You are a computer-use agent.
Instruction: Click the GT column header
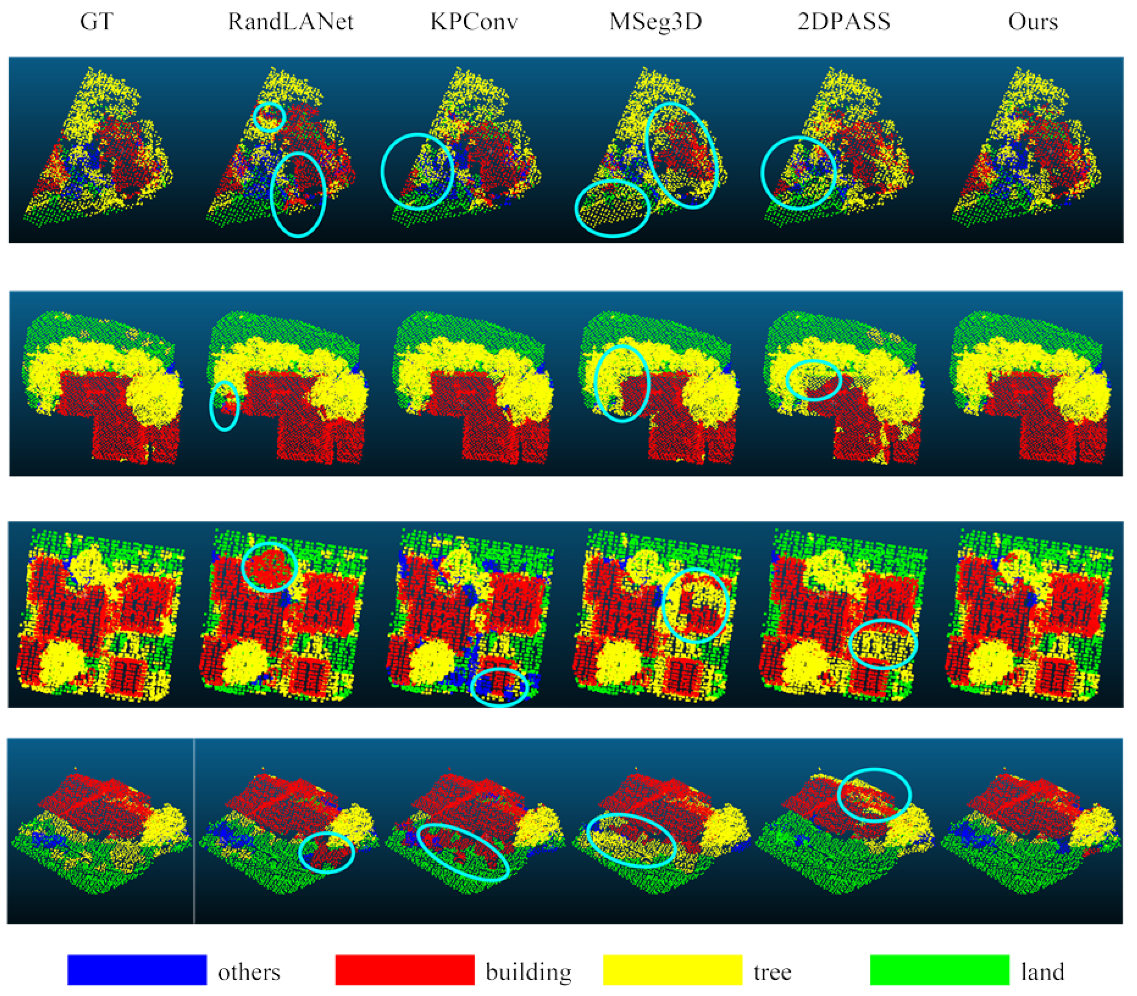click(x=97, y=22)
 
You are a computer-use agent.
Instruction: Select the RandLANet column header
click(x=290, y=22)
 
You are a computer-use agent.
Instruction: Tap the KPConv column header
click(x=474, y=22)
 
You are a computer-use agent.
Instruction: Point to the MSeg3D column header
click(x=656, y=22)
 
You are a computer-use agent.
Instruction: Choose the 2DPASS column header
click(x=844, y=22)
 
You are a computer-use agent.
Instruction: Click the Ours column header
click(x=1033, y=22)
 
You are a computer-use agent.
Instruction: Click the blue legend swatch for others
click(x=137, y=970)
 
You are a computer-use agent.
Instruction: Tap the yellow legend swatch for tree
click(x=672, y=970)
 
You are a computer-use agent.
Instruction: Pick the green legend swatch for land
click(x=939, y=970)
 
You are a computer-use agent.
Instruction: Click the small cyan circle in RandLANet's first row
click(x=270, y=117)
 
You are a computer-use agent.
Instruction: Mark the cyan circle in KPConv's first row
click(x=417, y=171)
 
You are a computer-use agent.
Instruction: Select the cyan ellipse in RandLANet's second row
click(x=225, y=406)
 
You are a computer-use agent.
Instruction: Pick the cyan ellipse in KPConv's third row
click(x=499, y=686)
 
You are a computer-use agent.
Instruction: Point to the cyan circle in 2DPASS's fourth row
click(x=874, y=795)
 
